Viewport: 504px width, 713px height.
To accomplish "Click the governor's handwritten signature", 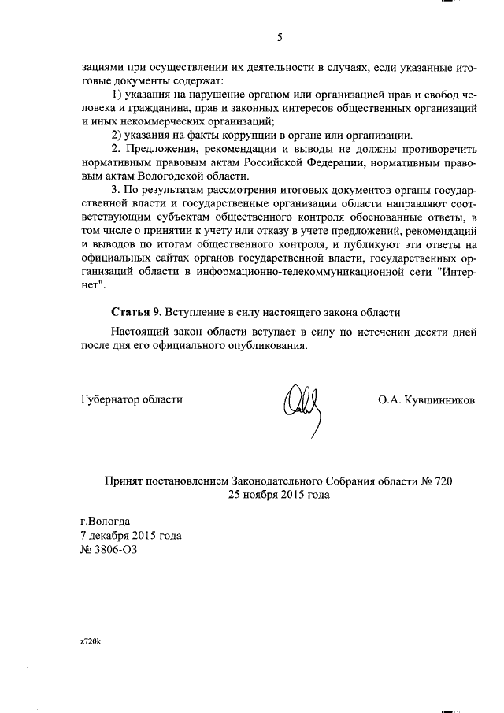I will tap(304, 405).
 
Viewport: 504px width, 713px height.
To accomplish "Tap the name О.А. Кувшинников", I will tap(426, 399).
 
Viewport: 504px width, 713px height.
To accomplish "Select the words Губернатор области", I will tap(132, 399).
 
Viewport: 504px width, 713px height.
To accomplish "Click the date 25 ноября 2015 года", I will tap(279, 495).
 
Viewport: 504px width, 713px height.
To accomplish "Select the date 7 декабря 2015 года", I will tap(132, 536).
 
